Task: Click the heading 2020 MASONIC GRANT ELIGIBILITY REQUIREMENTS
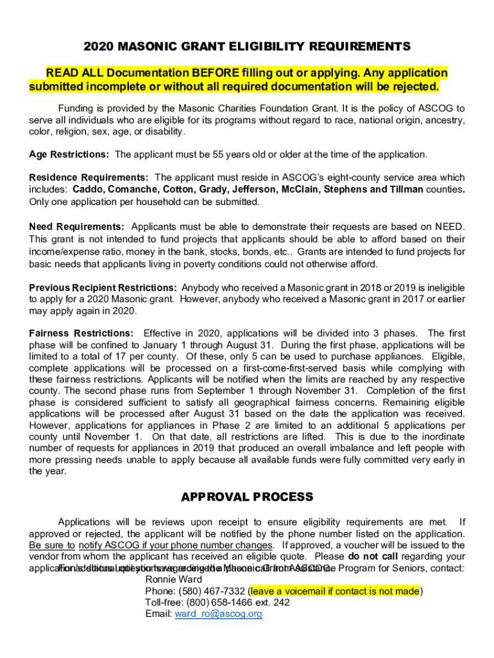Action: (x=247, y=47)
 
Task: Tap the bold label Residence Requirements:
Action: (x=89, y=177)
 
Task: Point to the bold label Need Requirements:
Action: (x=77, y=227)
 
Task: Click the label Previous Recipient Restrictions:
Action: (x=103, y=288)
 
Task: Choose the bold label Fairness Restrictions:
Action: (x=81, y=333)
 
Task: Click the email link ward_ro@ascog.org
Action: (x=219, y=614)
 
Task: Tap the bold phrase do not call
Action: (x=373, y=556)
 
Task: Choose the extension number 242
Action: (x=281, y=603)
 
